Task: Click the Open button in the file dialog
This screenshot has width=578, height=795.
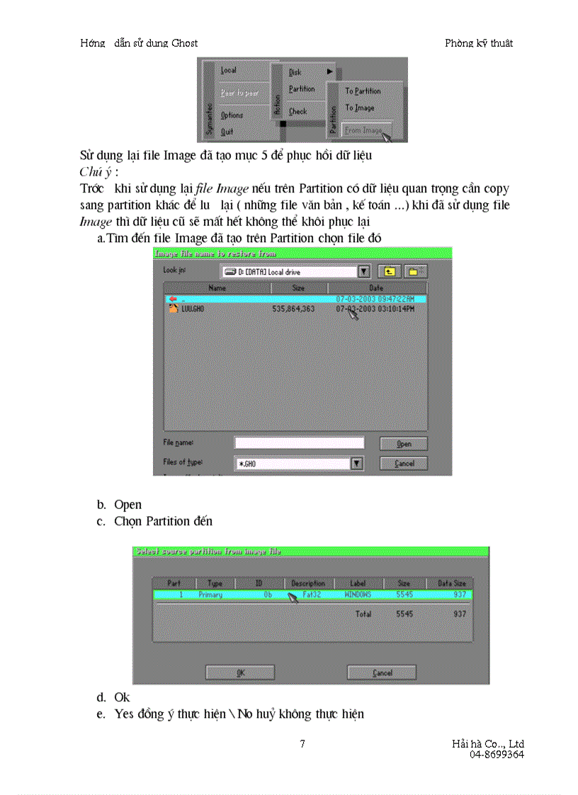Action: [404, 444]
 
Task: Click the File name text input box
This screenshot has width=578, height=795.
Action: [299, 443]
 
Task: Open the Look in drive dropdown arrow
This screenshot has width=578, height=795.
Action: [363, 271]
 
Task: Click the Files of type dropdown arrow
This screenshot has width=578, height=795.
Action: [357, 464]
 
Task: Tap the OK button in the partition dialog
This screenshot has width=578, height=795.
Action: [240, 673]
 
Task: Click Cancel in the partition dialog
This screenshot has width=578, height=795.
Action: [382, 673]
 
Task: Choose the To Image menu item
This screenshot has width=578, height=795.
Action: [360, 108]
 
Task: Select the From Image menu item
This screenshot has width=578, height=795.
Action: [363, 130]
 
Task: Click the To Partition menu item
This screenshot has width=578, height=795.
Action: [363, 91]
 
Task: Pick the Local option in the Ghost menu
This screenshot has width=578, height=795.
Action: [229, 71]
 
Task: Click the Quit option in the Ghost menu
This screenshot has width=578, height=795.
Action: [227, 132]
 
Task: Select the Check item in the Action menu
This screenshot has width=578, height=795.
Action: [298, 112]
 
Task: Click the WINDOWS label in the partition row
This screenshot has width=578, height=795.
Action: [358, 595]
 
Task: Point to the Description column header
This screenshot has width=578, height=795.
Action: [307, 583]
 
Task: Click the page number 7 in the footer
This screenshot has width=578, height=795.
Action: [302, 743]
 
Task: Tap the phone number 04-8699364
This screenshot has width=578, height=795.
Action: [497, 755]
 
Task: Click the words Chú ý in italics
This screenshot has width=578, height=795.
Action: [96, 172]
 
